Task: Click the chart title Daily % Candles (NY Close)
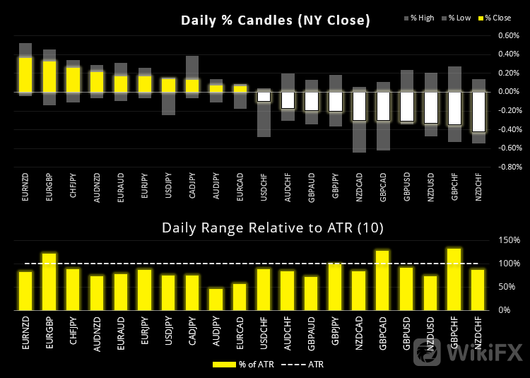[276, 20]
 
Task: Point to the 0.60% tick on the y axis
[509, 35]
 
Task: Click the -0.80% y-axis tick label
[508, 167]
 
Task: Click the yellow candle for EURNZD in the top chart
[25, 75]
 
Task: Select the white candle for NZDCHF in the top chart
[478, 112]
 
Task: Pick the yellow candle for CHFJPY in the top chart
[73, 79]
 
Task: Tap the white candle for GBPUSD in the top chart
[406, 107]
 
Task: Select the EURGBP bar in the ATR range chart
[49, 281]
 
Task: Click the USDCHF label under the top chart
[263, 189]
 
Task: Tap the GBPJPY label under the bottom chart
[335, 332]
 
